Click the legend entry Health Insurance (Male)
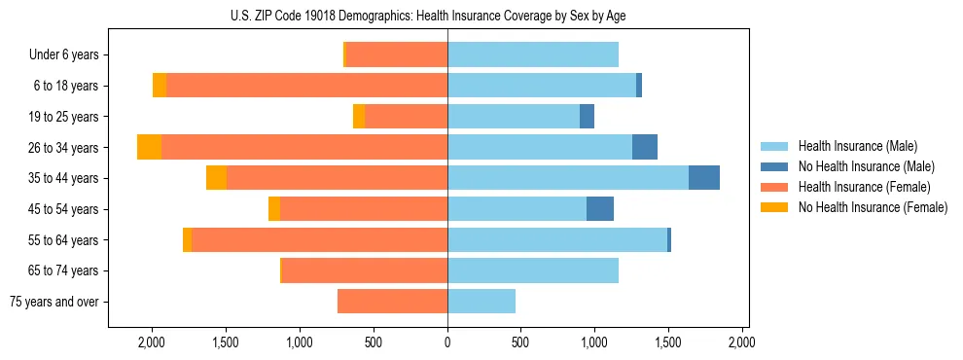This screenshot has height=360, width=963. [857, 146]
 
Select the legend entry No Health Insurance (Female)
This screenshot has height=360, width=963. [872, 207]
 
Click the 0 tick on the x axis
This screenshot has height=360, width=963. [447, 342]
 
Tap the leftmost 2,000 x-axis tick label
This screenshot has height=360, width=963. [152, 342]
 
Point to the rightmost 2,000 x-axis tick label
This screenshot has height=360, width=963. [742, 342]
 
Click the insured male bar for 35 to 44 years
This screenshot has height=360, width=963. [568, 178]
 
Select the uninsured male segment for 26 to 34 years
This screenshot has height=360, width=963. [645, 147]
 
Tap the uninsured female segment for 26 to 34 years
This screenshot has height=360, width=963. [149, 147]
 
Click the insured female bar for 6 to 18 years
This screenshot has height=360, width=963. [306, 86]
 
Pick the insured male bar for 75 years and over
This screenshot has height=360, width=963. [481, 302]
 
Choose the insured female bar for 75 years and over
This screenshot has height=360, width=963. [392, 302]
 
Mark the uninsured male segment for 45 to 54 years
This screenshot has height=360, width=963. [600, 209]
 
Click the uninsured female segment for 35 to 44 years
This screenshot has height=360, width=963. [216, 178]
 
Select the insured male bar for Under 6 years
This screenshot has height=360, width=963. [533, 54]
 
